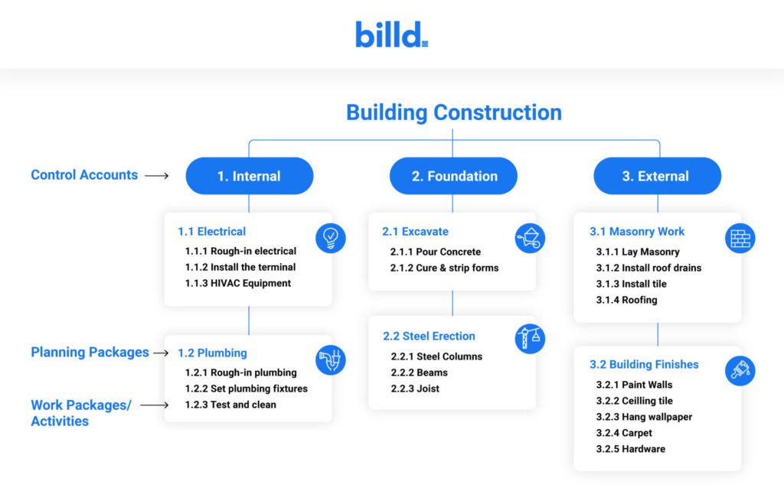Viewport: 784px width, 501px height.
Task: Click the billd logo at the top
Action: tap(391, 34)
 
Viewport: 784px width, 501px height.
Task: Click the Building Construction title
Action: tap(453, 112)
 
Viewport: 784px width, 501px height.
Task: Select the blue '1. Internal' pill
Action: tap(249, 176)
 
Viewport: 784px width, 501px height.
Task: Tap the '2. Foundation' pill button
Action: tap(453, 176)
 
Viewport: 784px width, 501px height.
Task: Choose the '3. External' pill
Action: tap(657, 176)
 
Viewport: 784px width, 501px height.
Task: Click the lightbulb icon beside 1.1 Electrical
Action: tap(331, 238)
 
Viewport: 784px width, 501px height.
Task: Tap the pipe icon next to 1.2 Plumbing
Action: tap(331, 359)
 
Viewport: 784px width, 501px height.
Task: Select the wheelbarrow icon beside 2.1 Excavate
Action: tap(530, 238)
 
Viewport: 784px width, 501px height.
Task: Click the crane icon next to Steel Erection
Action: tap(530, 339)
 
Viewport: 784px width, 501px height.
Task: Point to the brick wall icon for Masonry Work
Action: tap(740, 238)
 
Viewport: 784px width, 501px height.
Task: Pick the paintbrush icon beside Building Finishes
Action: tap(740, 371)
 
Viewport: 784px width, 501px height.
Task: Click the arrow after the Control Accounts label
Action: tap(156, 176)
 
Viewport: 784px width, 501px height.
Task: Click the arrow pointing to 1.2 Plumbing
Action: tap(160, 353)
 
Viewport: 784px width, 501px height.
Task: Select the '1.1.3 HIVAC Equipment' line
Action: tap(238, 283)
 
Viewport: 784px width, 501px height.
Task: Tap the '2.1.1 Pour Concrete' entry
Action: tap(436, 252)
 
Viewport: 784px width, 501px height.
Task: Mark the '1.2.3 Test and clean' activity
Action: tap(230, 405)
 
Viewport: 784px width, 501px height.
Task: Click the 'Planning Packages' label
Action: tap(90, 353)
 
